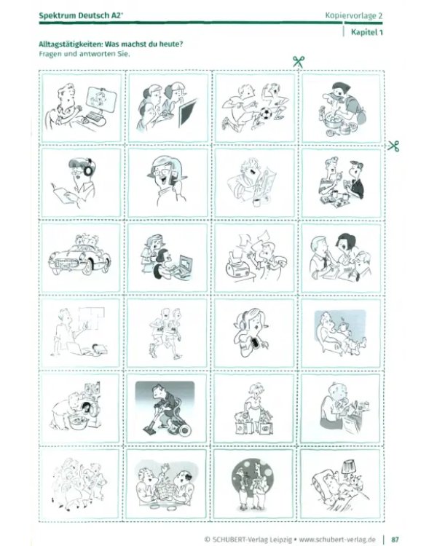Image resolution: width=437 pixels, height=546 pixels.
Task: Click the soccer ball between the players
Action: coord(267,113)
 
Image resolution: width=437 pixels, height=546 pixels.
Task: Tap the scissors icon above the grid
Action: coord(299,62)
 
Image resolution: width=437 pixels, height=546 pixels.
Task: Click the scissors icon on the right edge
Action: coord(394,146)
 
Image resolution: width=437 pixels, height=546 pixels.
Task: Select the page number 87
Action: coord(395,539)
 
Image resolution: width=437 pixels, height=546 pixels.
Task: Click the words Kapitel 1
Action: coord(366,32)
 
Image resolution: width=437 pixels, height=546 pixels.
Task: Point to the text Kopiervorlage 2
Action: coord(354,15)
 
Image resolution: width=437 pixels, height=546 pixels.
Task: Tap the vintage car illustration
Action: coord(80,256)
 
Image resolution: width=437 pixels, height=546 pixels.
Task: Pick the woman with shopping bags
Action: coord(253,408)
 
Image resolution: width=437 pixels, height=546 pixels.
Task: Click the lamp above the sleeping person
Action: coord(349,467)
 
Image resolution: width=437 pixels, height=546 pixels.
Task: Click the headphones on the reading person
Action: coord(87,168)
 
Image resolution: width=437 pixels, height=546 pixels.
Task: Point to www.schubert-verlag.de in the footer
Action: coord(337,539)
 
